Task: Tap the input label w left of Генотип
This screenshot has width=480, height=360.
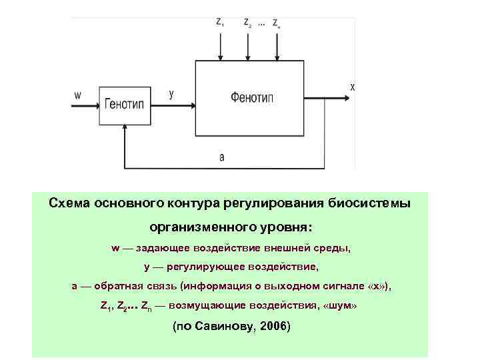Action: [77, 95]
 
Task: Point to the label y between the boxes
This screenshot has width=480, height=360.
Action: [171, 94]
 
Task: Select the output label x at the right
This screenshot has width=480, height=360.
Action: [352, 87]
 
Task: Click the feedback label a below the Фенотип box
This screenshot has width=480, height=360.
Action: [221, 157]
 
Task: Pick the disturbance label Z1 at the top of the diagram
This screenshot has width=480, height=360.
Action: [220, 22]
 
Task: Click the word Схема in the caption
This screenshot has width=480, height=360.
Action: [69, 202]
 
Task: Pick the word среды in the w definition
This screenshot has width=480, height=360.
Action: [333, 247]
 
